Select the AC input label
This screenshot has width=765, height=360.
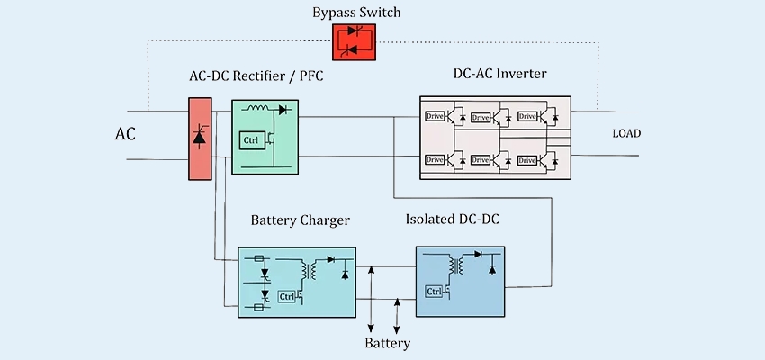point(126,135)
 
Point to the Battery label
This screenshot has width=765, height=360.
point(388,343)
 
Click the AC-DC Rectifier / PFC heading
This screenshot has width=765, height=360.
point(256,78)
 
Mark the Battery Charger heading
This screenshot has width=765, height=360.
point(300,220)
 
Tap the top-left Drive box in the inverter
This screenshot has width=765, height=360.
point(436,116)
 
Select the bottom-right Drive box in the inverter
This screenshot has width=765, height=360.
point(527,159)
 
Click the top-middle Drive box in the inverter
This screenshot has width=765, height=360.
point(481,116)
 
